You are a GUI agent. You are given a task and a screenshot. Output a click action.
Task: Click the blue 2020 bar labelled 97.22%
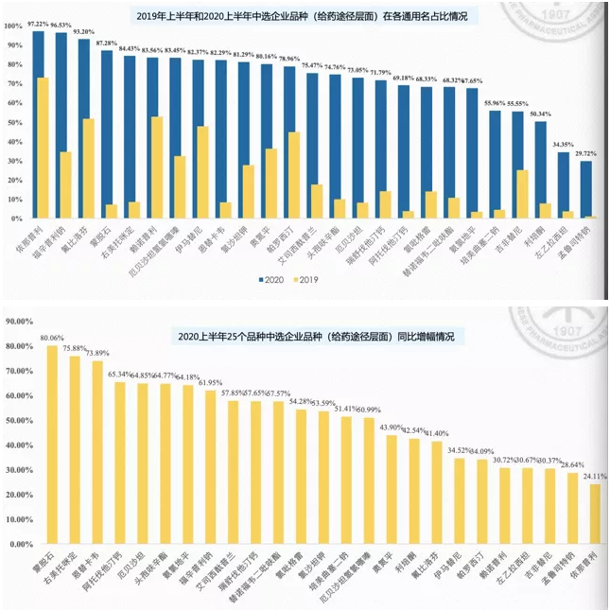[x=39, y=123]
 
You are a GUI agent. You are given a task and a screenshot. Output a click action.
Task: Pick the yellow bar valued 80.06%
[x=53, y=445]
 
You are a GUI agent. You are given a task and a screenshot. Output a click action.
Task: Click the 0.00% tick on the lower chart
[x=22, y=544]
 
